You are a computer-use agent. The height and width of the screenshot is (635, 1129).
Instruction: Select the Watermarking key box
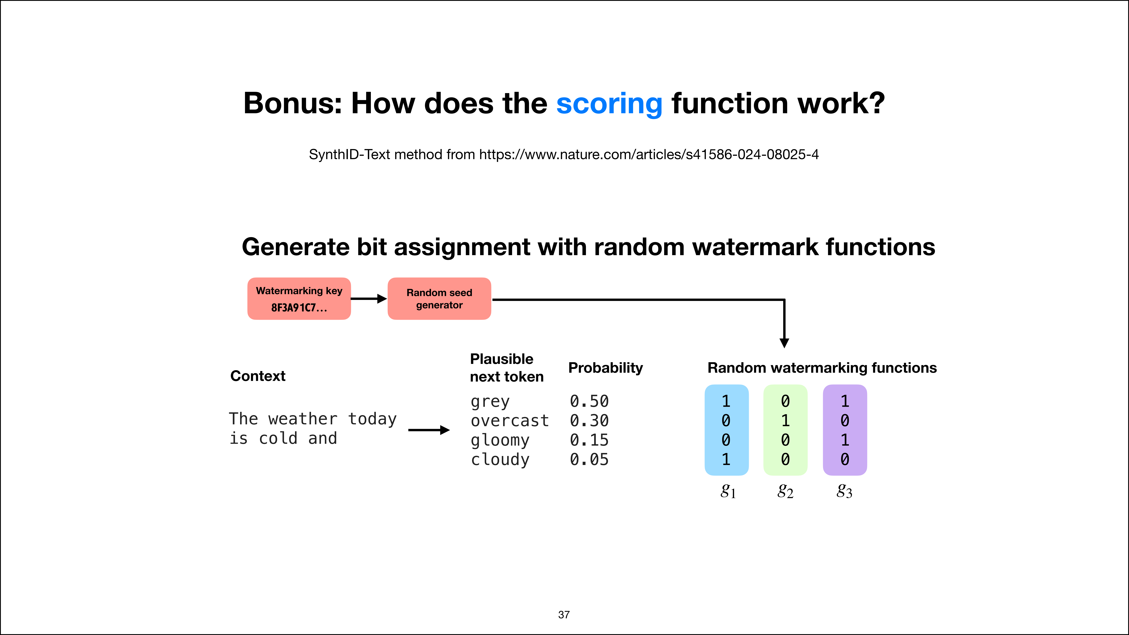pos(299,298)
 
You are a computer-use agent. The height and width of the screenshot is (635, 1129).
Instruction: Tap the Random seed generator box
pos(439,298)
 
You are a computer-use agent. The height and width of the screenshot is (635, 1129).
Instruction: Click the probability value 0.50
pos(589,401)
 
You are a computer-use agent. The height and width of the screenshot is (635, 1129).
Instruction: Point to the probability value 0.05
pos(589,459)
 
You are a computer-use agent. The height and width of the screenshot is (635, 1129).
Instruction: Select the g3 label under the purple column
pos(844,491)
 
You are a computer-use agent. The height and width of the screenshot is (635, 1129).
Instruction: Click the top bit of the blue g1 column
pos(726,401)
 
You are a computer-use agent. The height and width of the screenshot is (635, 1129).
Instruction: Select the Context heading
pos(258,376)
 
